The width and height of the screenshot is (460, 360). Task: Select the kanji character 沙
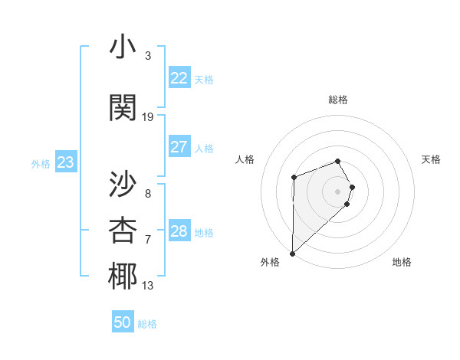point(123,184)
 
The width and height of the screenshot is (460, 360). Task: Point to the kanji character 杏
point(123,230)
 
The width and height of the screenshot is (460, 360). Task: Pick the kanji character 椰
point(123,277)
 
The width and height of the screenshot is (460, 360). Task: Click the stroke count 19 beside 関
point(148,117)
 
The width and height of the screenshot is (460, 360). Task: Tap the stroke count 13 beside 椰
point(148,286)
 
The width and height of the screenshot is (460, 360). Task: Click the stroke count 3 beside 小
point(148,56)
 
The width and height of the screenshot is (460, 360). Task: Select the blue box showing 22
point(179,78)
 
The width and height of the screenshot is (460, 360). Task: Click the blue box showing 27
point(179,147)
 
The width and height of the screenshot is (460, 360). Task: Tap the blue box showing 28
point(179,231)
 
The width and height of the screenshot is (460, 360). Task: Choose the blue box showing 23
point(65,162)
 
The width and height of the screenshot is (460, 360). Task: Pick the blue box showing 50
point(123,322)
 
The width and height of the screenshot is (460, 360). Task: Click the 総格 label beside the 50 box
point(147,324)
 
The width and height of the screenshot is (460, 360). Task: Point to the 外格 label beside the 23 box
point(41,164)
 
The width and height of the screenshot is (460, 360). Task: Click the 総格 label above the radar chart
point(338,100)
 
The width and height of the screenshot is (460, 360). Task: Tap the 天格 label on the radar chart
point(432,159)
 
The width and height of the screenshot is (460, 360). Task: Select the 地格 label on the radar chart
point(402,262)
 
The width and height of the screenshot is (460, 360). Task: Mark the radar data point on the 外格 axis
point(292,253)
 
